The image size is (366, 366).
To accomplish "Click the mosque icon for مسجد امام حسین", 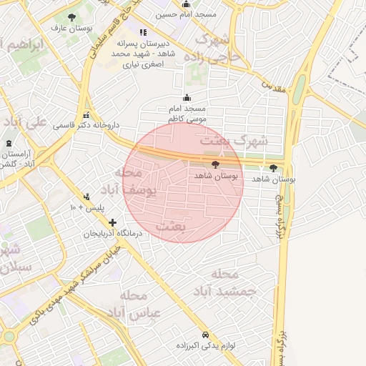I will tap(186, 4).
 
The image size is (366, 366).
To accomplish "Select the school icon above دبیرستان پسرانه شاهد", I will tap(143, 32).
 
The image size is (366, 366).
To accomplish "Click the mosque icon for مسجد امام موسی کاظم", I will tap(187, 98).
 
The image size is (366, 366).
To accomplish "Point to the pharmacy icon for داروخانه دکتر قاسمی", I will tap(86, 114).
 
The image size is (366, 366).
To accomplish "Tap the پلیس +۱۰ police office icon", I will tap(86, 197).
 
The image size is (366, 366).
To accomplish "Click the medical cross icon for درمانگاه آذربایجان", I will tap(112, 222).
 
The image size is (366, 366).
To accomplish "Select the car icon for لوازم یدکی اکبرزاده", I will tap(205, 335).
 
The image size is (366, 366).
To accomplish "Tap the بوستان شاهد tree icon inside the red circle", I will tap(216, 165).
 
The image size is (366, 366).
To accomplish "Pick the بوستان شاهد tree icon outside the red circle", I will tap(273, 168).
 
